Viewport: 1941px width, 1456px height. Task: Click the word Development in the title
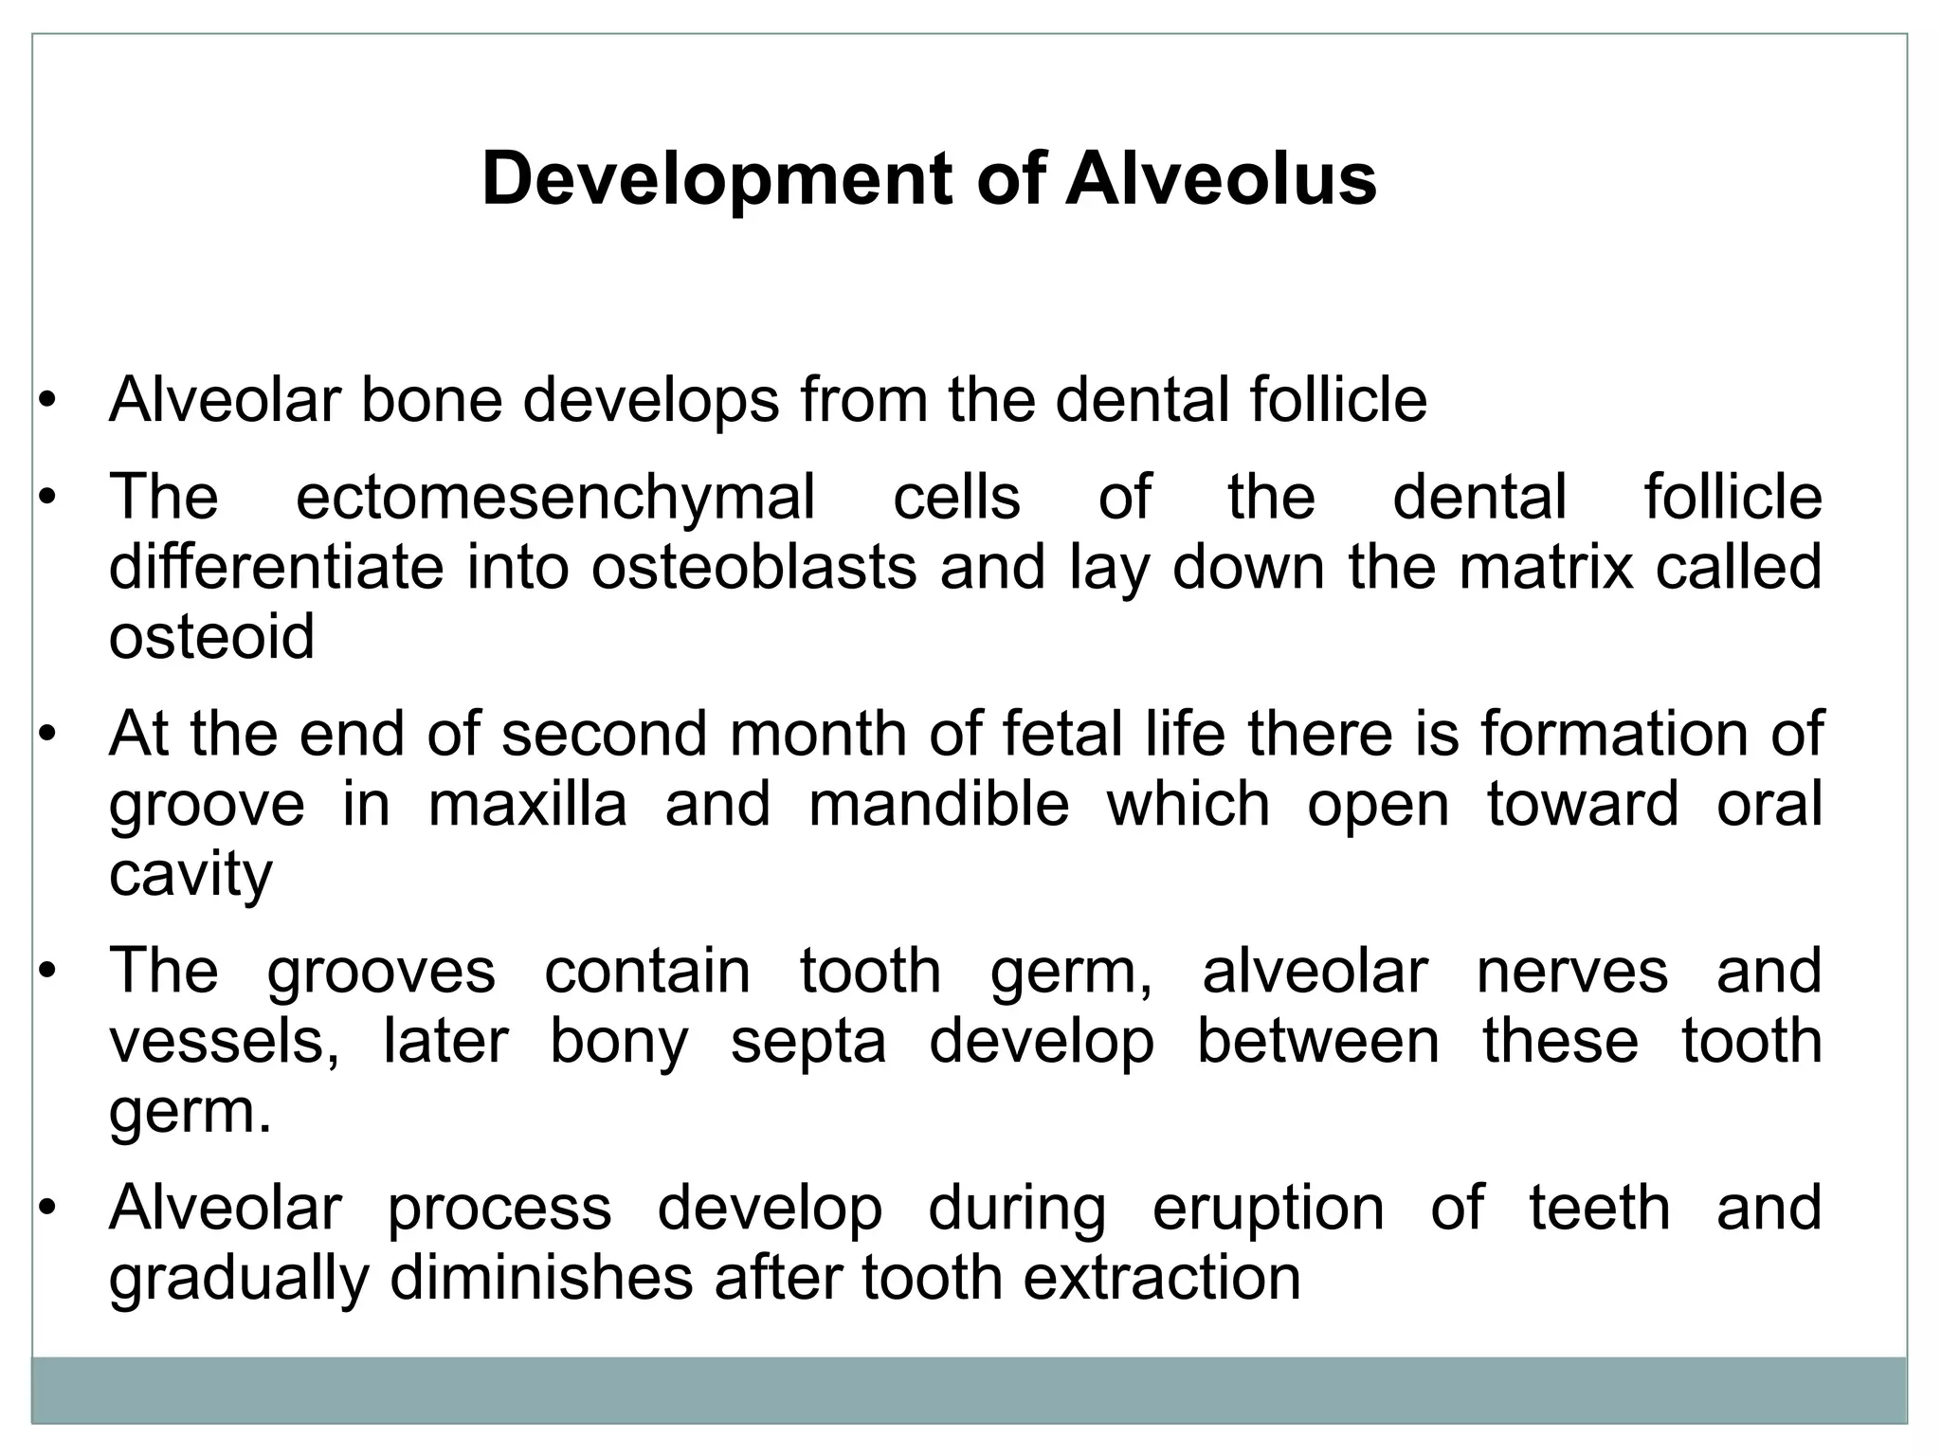tap(716, 179)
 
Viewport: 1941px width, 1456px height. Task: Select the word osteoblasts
tap(753, 567)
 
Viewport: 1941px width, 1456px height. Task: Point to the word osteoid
tap(211, 637)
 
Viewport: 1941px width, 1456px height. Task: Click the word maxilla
tap(527, 805)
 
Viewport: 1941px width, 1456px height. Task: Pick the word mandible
tap(938, 805)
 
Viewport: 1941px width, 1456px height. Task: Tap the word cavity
tap(190, 874)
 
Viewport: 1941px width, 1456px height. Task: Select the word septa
tap(808, 1042)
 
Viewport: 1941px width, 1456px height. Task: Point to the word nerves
tap(1571, 972)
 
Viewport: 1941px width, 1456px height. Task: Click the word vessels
tap(224, 1042)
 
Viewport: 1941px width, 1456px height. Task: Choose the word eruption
tap(1268, 1209)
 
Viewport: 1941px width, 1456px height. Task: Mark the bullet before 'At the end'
tap(47, 735)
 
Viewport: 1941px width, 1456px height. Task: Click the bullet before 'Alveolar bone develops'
tap(47, 401)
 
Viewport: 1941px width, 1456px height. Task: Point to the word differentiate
tap(276, 567)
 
